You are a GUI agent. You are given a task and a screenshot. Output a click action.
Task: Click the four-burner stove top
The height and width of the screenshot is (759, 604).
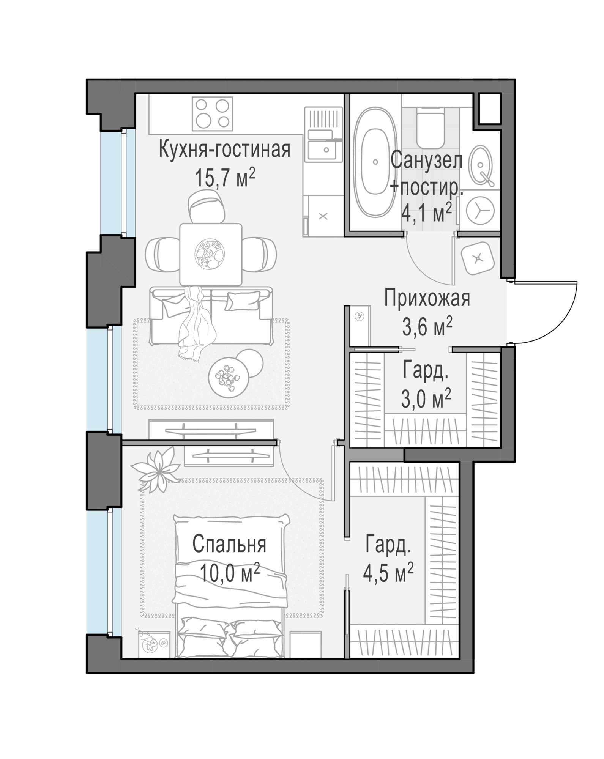[212, 114]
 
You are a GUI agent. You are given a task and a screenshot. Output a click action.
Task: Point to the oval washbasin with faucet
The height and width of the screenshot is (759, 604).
[481, 165]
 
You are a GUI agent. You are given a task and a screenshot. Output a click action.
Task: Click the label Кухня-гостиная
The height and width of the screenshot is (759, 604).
[224, 149]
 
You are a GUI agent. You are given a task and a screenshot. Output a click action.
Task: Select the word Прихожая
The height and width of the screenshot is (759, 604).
[427, 298]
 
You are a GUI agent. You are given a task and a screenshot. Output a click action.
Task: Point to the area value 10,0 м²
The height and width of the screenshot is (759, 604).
[229, 573]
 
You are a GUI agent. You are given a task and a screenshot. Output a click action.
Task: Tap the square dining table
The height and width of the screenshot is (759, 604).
[211, 254]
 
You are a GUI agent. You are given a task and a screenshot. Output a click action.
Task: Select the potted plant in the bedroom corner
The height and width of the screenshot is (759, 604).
[156, 469]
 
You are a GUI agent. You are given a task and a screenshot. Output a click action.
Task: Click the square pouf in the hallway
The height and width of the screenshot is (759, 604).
[478, 258]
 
